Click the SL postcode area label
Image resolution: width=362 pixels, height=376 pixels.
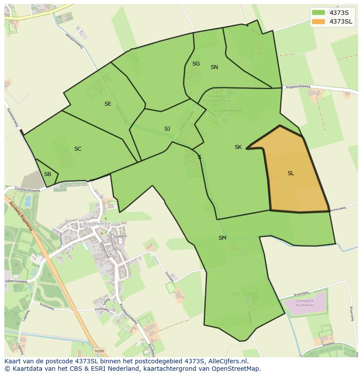click(x=291, y=173)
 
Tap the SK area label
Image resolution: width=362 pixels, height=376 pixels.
click(x=238, y=147)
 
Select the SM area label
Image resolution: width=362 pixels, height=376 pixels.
click(x=223, y=238)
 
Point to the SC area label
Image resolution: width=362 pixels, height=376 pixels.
click(x=78, y=149)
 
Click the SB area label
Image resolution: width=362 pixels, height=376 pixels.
click(x=48, y=174)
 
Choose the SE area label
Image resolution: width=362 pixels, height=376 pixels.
click(x=108, y=104)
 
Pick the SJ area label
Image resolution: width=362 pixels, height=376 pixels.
click(x=167, y=129)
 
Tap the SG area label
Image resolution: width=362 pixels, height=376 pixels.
click(x=196, y=64)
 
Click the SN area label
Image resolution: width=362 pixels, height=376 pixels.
click(x=214, y=67)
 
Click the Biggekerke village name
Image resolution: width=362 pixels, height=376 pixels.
click(x=96, y=224)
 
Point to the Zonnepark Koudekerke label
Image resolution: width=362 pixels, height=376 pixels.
click(x=305, y=304)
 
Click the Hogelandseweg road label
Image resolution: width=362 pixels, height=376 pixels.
click(x=297, y=87)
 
